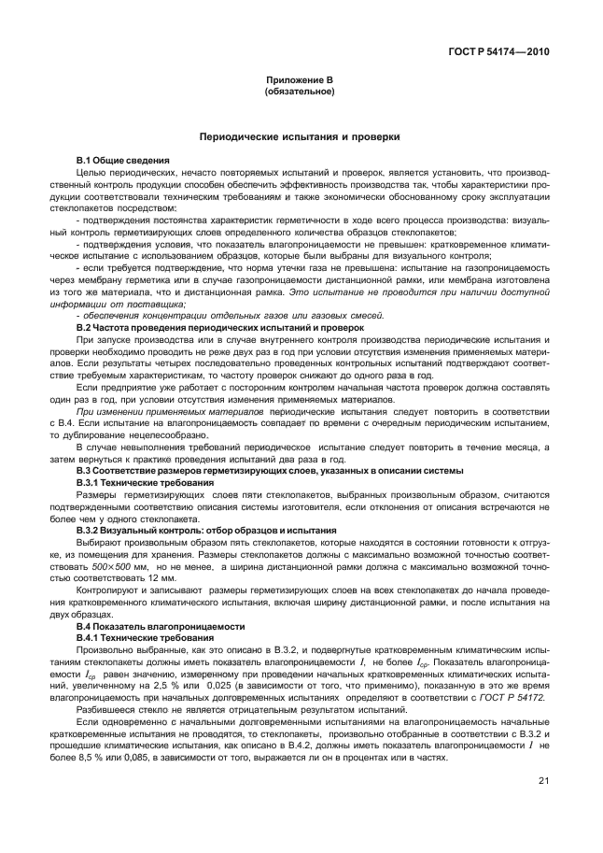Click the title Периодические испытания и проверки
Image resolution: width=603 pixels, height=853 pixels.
[300, 136]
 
